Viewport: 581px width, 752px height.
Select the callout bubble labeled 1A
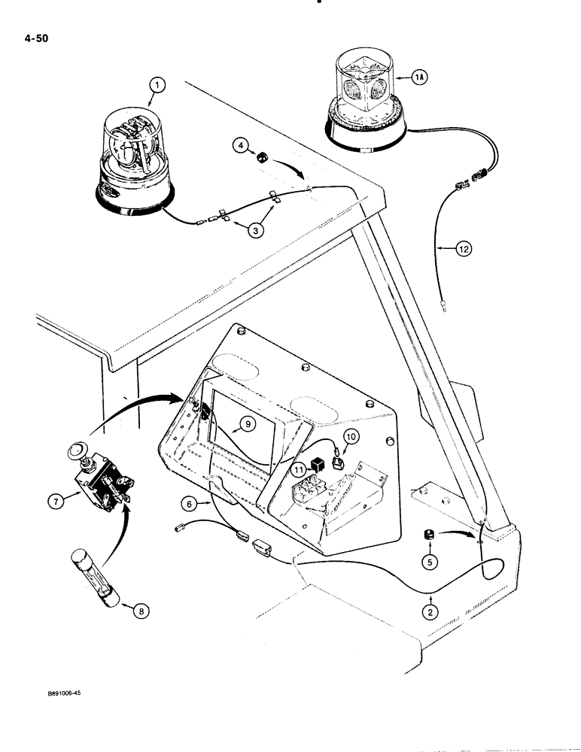pos(419,76)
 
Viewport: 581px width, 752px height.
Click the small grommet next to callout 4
pos(264,157)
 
